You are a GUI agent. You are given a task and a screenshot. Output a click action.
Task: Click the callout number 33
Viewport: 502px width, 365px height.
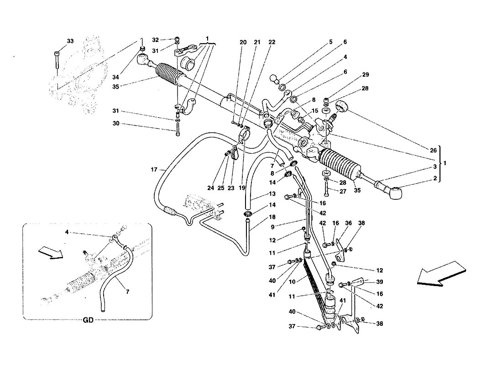pos(70,41)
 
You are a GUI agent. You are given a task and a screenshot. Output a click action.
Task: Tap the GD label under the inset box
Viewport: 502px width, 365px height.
pos(88,320)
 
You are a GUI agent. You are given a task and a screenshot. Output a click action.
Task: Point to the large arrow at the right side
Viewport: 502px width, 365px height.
pos(441,273)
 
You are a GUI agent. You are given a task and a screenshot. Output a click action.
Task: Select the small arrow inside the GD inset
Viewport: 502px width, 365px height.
pos(51,253)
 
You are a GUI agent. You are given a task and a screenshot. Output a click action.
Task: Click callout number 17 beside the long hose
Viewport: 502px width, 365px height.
pos(154,169)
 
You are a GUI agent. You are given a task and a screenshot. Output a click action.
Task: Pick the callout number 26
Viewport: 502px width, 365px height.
pos(433,150)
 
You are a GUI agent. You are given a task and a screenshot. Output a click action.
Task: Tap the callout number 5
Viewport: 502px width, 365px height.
pos(331,42)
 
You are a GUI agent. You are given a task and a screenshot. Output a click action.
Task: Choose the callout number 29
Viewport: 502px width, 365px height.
pos(365,75)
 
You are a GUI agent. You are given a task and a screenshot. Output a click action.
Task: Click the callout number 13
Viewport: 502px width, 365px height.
pos(272,194)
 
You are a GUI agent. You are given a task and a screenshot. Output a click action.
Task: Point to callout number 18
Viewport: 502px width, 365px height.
pos(272,217)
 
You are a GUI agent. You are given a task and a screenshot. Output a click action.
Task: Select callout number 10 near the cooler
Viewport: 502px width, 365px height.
pos(292,282)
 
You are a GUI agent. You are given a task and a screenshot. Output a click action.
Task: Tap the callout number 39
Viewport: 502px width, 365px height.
pos(380,282)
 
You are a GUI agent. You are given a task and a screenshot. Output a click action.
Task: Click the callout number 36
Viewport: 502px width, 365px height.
pos(348,223)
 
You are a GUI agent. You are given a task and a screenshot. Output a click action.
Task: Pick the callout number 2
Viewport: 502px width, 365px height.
pos(435,178)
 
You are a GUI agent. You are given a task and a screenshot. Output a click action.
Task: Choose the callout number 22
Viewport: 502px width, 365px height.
pos(272,42)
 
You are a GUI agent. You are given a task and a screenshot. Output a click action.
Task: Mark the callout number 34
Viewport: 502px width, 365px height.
pos(115,77)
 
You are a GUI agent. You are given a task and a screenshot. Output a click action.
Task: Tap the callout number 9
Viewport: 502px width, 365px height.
pos(272,227)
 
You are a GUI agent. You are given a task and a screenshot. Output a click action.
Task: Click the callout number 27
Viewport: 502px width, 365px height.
pos(343,192)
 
